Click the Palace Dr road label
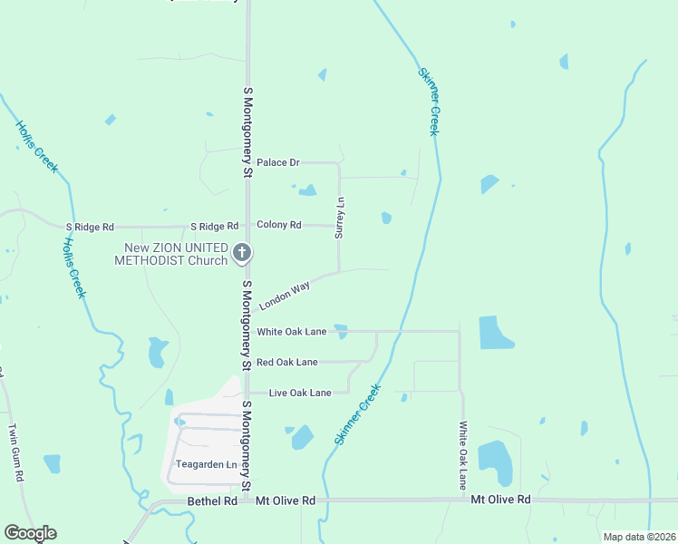click(x=277, y=162)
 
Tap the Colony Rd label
click(x=278, y=225)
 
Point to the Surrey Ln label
click(x=340, y=219)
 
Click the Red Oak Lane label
click(x=286, y=362)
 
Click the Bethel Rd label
click(x=212, y=500)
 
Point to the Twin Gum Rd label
click(x=15, y=451)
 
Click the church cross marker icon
click(x=242, y=253)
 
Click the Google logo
click(x=30, y=533)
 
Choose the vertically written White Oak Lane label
click(x=462, y=455)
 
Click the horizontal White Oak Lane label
click(x=291, y=332)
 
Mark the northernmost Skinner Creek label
click(x=429, y=102)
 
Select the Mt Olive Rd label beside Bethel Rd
click(x=285, y=500)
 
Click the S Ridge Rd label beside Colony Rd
click(x=214, y=226)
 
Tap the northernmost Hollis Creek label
click(x=37, y=147)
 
